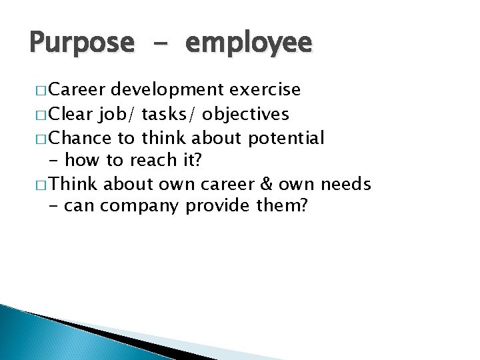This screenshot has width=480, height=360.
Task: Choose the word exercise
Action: pos(265,90)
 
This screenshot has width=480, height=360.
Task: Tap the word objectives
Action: pos(245,115)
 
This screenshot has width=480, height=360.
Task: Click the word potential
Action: pos(286,139)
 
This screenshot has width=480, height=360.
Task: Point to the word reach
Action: pos(150,161)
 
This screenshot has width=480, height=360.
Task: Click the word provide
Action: pos(219,207)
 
